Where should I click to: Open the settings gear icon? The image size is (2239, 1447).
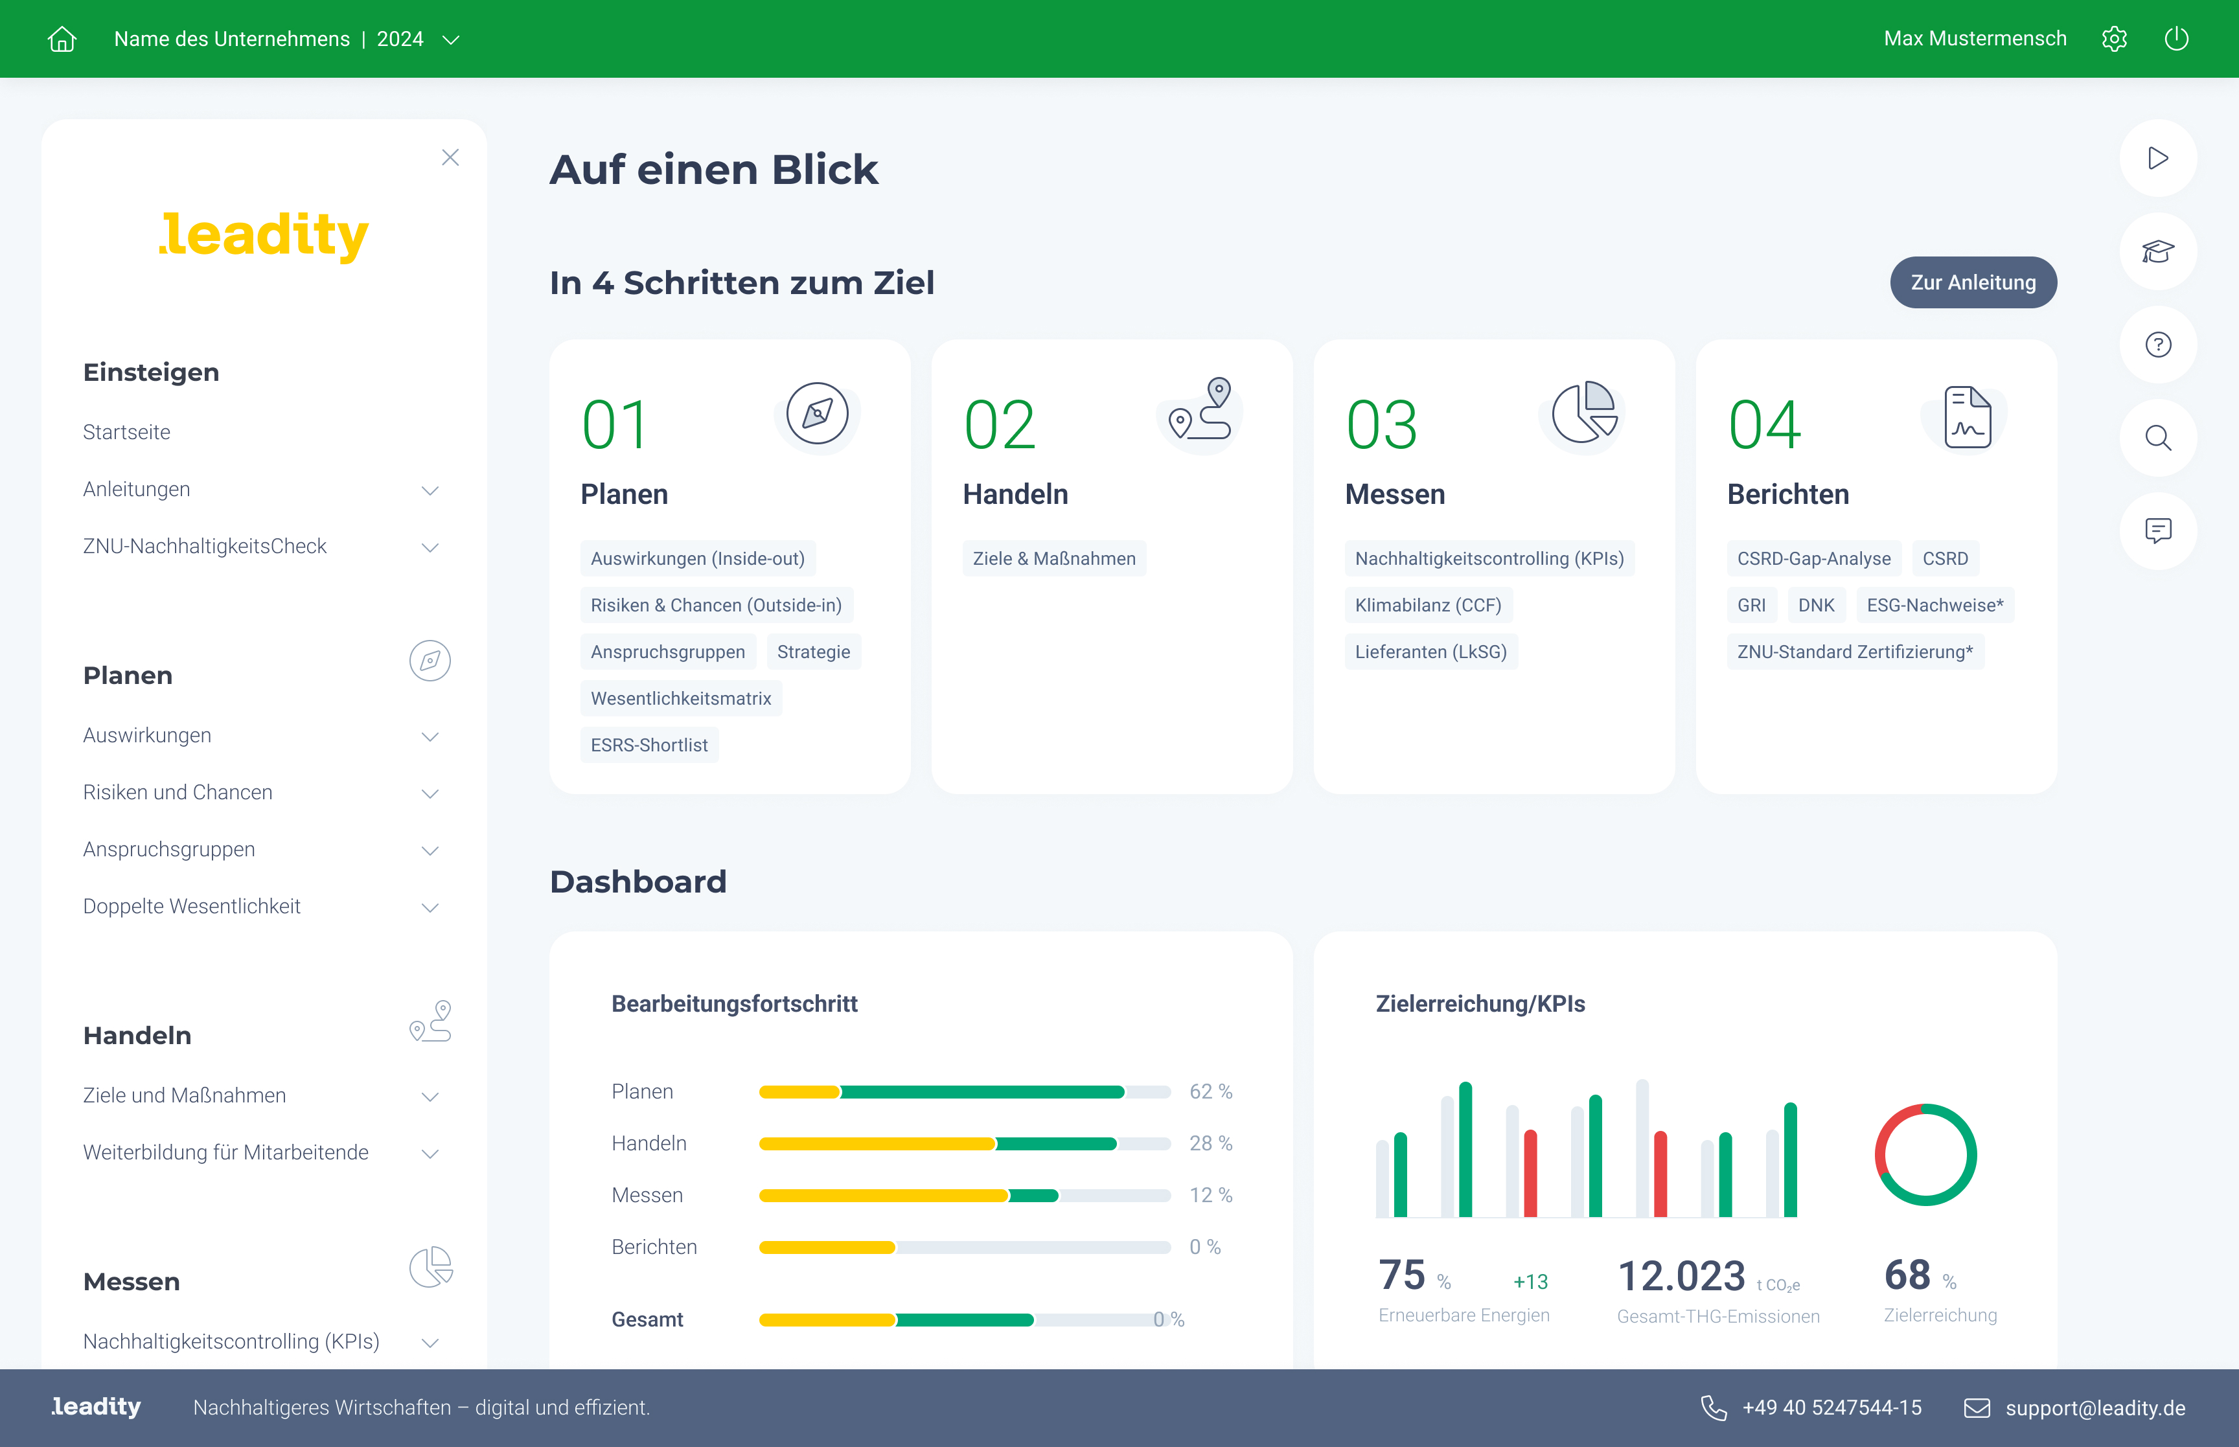pos(2114,38)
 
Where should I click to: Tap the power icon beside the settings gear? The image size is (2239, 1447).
pos(2176,38)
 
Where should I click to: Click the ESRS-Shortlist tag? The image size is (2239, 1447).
pos(649,745)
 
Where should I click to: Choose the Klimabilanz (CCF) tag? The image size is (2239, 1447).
pos(1427,605)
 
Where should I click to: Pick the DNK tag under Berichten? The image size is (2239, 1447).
pos(1815,605)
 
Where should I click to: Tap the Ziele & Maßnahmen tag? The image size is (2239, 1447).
pos(1053,558)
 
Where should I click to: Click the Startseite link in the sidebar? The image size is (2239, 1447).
pos(127,432)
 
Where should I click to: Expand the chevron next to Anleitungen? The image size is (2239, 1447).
pos(430,490)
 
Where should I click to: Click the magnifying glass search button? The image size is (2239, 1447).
pos(2157,438)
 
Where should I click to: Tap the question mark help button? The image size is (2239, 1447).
pos(2157,345)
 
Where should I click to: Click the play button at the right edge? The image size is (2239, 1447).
pos(2157,158)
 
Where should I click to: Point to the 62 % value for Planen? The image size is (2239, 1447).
pos(1210,1092)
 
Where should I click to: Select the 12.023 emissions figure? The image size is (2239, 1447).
pos(1681,1276)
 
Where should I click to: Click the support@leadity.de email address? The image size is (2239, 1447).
pos(2095,1407)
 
